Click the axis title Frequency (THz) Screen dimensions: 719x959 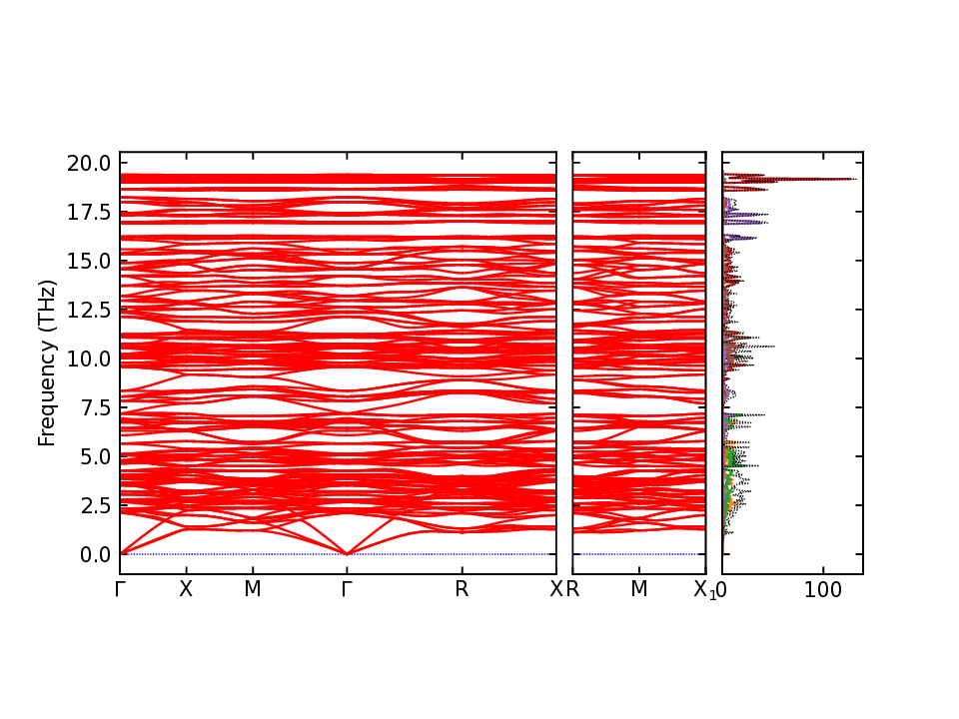(x=47, y=362)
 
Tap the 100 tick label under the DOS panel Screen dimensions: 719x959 (x=824, y=589)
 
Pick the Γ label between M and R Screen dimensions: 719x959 (x=347, y=589)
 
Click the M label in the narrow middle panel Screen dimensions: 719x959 (x=639, y=589)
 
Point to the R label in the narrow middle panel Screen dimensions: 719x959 (x=573, y=589)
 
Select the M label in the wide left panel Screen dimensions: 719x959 (x=253, y=589)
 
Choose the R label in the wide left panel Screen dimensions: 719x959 (x=462, y=589)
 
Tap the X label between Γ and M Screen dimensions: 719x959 (x=186, y=589)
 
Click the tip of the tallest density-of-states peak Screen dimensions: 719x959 (x=855, y=179)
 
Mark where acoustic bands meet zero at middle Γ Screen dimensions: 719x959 (x=347, y=553)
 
